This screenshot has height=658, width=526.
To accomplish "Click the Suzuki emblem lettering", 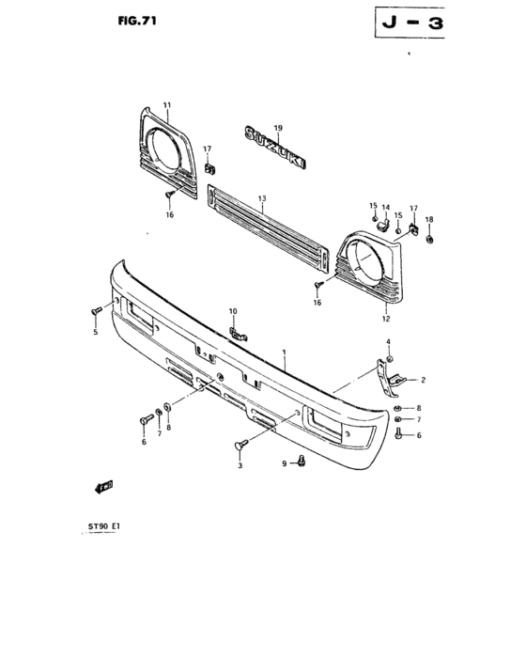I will point(276,149).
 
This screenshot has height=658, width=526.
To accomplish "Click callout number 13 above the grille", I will point(263,198).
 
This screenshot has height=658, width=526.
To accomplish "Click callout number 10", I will point(233,311).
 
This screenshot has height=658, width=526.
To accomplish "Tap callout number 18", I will point(430,220).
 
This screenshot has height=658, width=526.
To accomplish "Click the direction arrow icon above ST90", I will point(103,486).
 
